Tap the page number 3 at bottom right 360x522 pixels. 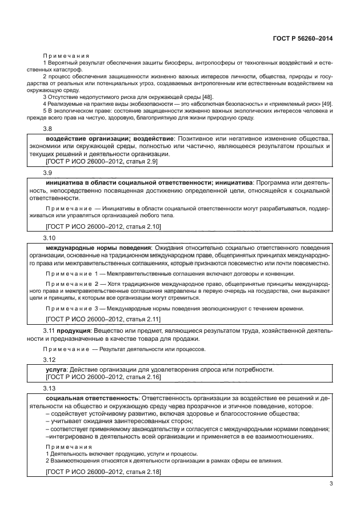(x=331, y=485)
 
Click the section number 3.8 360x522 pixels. (x=49, y=130)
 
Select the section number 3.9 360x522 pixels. (x=49, y=172)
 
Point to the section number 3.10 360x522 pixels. (x=50, y=237)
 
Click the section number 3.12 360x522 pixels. (x=50, y=360)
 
